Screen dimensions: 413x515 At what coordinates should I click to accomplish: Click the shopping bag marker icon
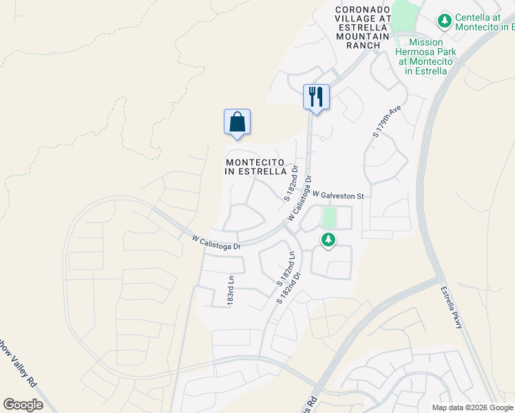tap(237, 123)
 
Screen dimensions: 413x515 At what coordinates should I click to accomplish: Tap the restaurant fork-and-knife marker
tap(316, 96)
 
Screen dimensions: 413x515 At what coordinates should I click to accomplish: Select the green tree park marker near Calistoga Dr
tap(329, 240)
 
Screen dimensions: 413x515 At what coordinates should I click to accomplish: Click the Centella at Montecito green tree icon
tap(445, 21)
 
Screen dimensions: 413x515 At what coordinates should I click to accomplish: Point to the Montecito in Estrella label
tap(256, 167)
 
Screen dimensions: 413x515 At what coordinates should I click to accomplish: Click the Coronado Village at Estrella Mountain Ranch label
tap(363, 28)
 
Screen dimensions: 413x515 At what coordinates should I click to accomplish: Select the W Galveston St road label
tap(337, 195)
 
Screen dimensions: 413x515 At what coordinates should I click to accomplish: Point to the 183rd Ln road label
tap(231, 290)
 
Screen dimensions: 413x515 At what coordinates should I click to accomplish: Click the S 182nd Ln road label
tap(286, 268)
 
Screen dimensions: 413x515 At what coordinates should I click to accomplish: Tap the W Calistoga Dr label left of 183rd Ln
tap(216, 242)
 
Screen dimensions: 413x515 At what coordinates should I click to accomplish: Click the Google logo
tap(23, 405)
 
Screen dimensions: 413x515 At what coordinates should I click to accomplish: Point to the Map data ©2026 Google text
tap(472, 407)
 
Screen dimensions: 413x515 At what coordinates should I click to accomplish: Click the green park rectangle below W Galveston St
tap(329, 218)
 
